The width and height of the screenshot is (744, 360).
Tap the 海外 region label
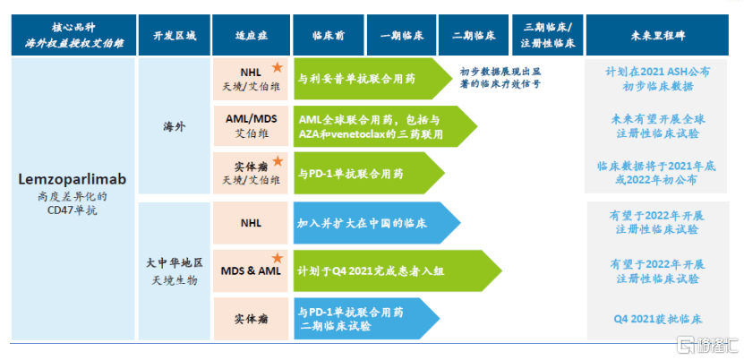[x=174, y=127]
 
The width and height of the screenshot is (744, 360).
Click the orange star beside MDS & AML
[x=278, y=258]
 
